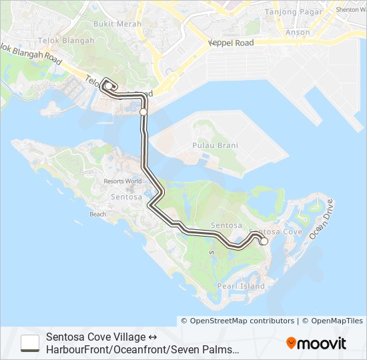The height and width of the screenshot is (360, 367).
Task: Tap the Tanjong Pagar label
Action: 290,12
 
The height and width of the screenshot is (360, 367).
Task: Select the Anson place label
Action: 298,32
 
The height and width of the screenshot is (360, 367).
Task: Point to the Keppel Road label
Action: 232,43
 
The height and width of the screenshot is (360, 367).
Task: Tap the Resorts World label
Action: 123,181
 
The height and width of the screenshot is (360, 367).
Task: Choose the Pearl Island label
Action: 251,286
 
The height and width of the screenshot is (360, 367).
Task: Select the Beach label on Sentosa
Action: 98,215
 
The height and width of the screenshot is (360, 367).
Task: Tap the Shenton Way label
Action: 351,9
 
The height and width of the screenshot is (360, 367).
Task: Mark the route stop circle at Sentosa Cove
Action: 264,241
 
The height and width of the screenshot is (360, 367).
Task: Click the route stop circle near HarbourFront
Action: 143,111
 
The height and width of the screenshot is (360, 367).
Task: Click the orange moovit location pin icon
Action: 292,343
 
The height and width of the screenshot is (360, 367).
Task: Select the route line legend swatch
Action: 30,343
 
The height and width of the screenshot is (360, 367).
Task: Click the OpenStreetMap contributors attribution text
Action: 242,321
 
